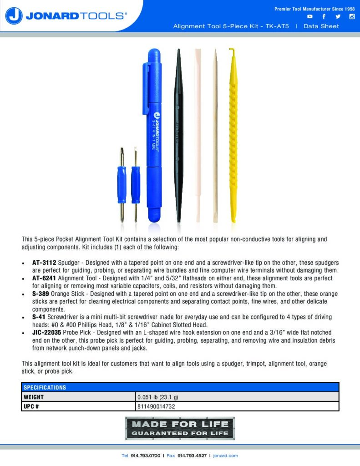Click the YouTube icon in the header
click(310, 17)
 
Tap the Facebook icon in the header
click(324, 17)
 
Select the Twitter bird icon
click(338, 17)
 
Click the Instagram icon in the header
click(351, 17)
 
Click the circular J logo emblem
click(14, 16)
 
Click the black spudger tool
click(179, 137)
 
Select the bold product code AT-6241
click(44, 278)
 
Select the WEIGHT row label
click(34, 397)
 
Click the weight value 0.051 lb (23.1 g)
click(158, 397)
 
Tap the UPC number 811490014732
click(156, 406)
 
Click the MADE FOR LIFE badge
click(180, 428)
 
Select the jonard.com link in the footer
click(226, 456)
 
